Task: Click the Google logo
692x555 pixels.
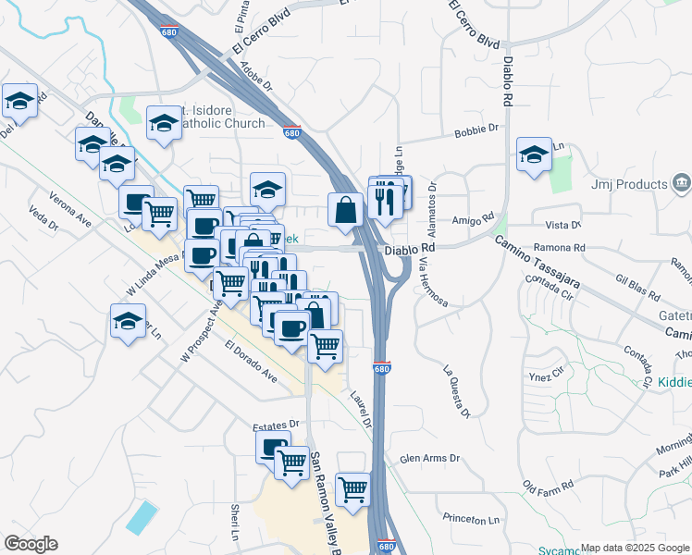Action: pyautogui.click(x=31, y=544)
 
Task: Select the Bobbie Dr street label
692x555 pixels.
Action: pyautogui.click(x=476, y=132)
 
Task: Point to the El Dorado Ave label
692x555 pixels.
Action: pyautogui.click(x=251, y=362)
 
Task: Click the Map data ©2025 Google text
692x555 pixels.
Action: pyautogui.click(x=634, y=549)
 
